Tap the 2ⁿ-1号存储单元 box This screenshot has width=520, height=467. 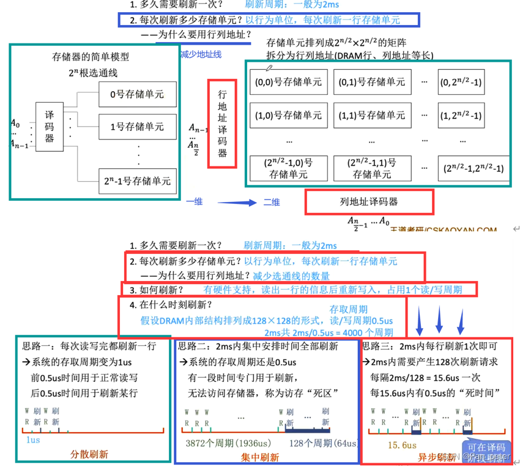click(x=137, y=181)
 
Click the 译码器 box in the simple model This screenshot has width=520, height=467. click(x=50, y=126)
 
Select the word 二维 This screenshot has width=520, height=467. click(x=272, y=202)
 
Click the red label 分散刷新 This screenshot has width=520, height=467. click(x=89, y=455)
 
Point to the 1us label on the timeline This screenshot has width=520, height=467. click(x=34, y=439)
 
